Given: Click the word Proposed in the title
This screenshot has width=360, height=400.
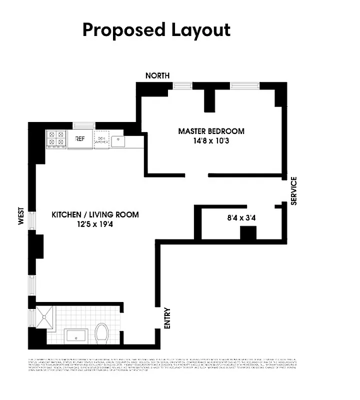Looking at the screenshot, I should pyautogui.click(x=118, y=30).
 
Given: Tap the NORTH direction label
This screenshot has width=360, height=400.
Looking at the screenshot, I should pyautogui.click(x=157, y=75).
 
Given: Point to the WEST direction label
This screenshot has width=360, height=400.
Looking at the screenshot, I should pyautogui.click(x=21, y=216).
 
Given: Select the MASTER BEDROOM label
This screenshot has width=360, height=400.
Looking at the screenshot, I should pyautogui.click(x=211, y=131).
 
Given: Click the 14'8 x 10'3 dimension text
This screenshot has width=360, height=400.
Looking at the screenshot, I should pyautogui.click(x=211, y=141).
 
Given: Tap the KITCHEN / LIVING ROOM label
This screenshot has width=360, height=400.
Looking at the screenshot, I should pyautogui.click(x=95, y=215).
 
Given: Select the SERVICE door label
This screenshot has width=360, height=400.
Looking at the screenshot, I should pyautogui.click(x=294, y=190).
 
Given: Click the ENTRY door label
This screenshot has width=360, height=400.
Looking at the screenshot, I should pyautogui.click(x=167, y=318).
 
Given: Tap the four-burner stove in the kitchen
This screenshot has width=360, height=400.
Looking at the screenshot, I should pyautogui.click(x=56, y=138).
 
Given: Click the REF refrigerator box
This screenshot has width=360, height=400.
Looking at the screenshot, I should pyautogui.click(x=80, y=139).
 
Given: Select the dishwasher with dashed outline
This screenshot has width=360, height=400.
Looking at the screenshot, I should pyautogui.click(x=101, y=140).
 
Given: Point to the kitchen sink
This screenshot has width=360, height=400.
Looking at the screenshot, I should pyautogui.click(x=118, y=140).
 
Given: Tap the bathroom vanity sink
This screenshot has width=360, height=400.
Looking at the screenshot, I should pyautogui.click(x=76, y=335).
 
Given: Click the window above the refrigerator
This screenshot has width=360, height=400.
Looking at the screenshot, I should pyautogui.click(x=83, y=125).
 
